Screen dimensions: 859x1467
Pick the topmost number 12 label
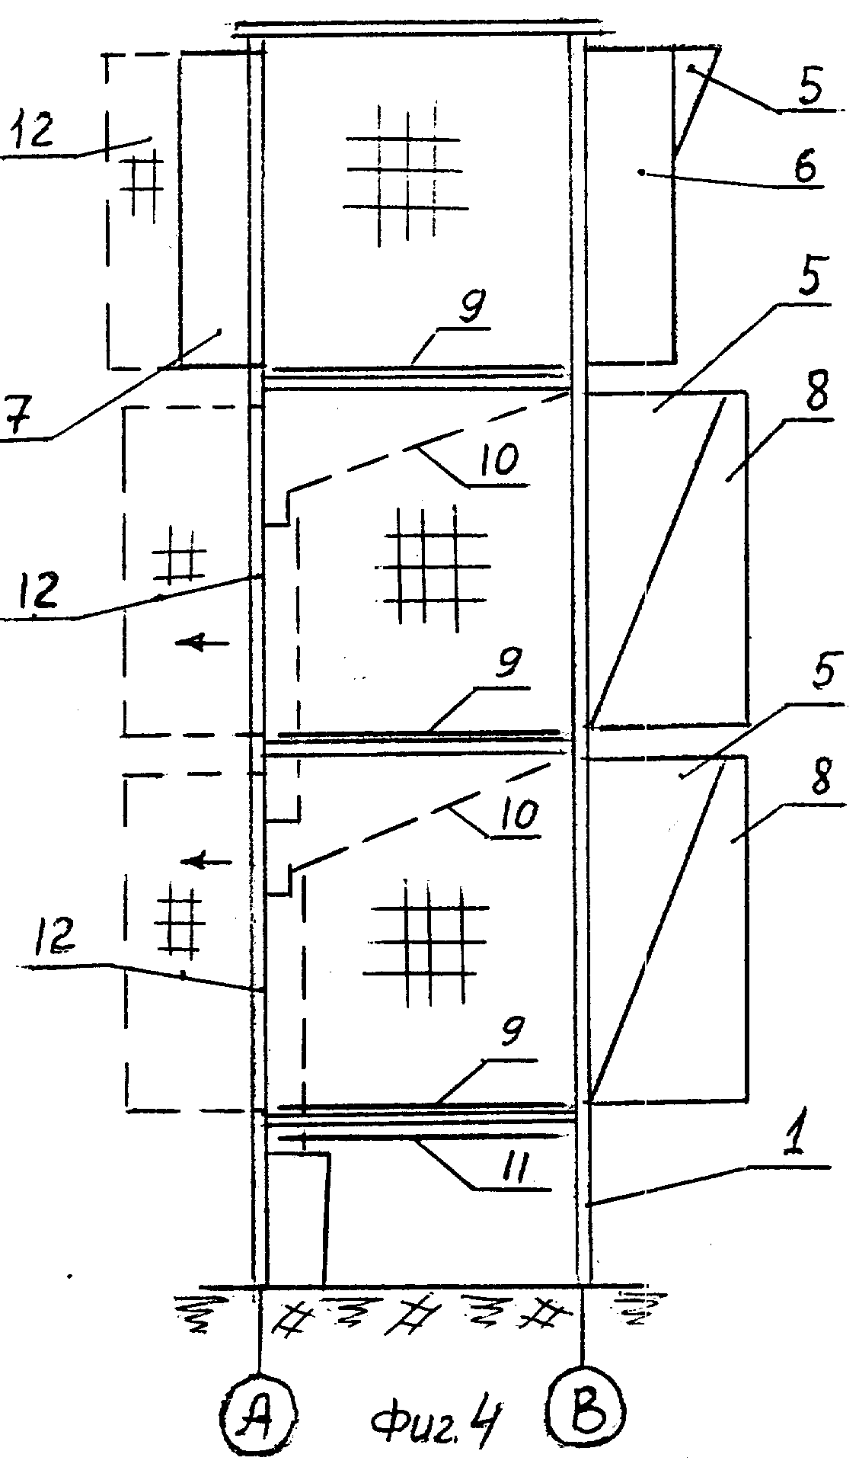[x=32, y=130]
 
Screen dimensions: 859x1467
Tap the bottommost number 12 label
[x=55, y=934]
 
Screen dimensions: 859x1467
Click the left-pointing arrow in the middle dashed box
[x=202, y=643]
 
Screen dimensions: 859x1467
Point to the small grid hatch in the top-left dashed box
[x=143, y=181]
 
